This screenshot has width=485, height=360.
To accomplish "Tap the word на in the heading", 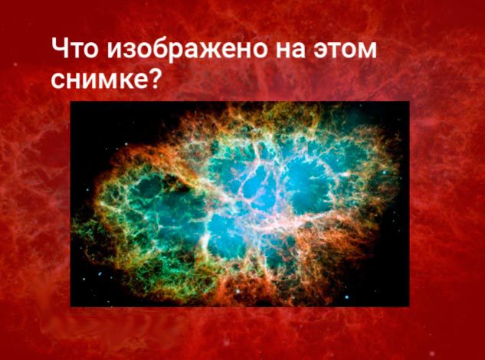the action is [x=290, y=50].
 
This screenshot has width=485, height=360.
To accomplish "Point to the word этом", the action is [x=346, y=50].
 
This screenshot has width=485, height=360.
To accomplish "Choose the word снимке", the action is [x=100, y=80].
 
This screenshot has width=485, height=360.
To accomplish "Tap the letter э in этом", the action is [x=321, y=50].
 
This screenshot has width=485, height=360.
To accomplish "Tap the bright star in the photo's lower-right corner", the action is [x=347, y=297].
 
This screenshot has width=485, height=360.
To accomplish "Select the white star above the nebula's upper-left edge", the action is [x=126, y=144].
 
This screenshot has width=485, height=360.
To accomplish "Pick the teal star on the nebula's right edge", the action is [x=385, y=172].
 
